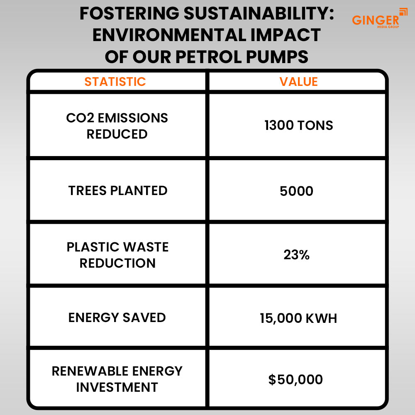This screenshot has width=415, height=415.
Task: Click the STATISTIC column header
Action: coord(115,82)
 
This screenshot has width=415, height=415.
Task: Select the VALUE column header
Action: coord(298,82)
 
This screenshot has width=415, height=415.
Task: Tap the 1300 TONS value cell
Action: coord(298,125)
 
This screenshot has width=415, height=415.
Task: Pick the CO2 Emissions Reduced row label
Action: coord(117,126)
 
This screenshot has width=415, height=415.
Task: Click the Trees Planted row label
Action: coord(118,190)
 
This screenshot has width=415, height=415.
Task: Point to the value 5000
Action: coord(296,191)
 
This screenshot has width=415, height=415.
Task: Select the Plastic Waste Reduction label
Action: coord(117,255)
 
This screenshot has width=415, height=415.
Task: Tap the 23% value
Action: coord(296,255)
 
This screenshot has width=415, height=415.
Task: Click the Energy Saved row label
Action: coord(117,317)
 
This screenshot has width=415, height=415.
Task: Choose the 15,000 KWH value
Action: coord(298,318)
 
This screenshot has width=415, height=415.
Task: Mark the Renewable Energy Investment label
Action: coord(117,379)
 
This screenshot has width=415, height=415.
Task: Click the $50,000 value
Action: coord(295,380)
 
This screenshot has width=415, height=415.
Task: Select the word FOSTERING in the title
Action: coord(129,14)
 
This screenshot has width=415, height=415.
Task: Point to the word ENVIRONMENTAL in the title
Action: coord(169,35)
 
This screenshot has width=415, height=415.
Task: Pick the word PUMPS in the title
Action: coord(277,56)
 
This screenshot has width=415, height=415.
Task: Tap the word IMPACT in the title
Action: coord(286,35)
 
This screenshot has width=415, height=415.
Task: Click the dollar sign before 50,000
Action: coord(272,380)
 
